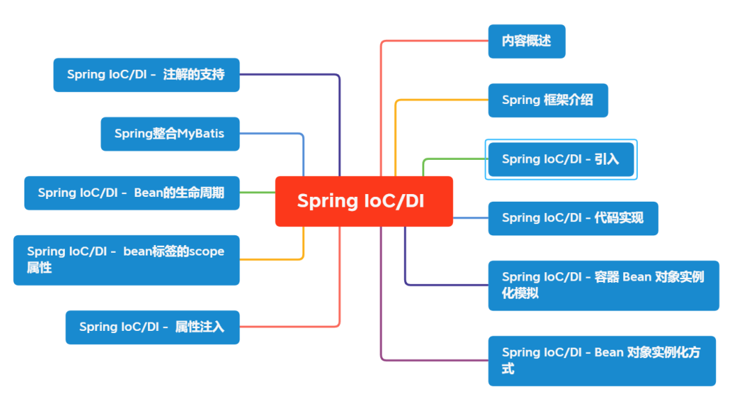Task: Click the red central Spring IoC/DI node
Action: [364, 201]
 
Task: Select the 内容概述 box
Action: [526, 41]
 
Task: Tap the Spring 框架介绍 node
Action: [548, 100]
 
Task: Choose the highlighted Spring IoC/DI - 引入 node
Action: [560, 159]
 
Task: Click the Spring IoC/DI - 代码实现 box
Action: [572, 218]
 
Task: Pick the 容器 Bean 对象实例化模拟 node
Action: [603, 285]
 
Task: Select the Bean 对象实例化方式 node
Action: [602, 360]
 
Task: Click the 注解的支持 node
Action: [146, 75]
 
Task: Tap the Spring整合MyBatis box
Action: [170, 133]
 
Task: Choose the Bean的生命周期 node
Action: [131, 193]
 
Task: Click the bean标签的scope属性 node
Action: [126, 260]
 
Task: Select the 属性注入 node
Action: [152, 327]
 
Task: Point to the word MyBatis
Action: [200, 133]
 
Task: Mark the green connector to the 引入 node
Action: [454, 159]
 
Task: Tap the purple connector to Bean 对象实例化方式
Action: [433, 360]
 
